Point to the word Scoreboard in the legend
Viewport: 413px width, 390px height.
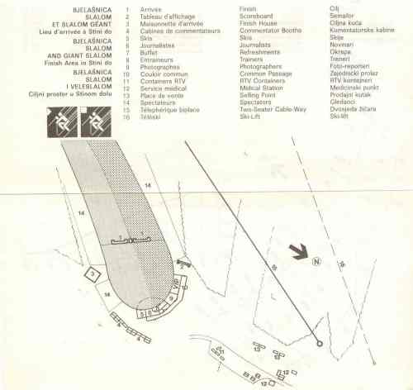pos(256,15)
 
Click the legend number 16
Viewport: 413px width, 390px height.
pos(126,117)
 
